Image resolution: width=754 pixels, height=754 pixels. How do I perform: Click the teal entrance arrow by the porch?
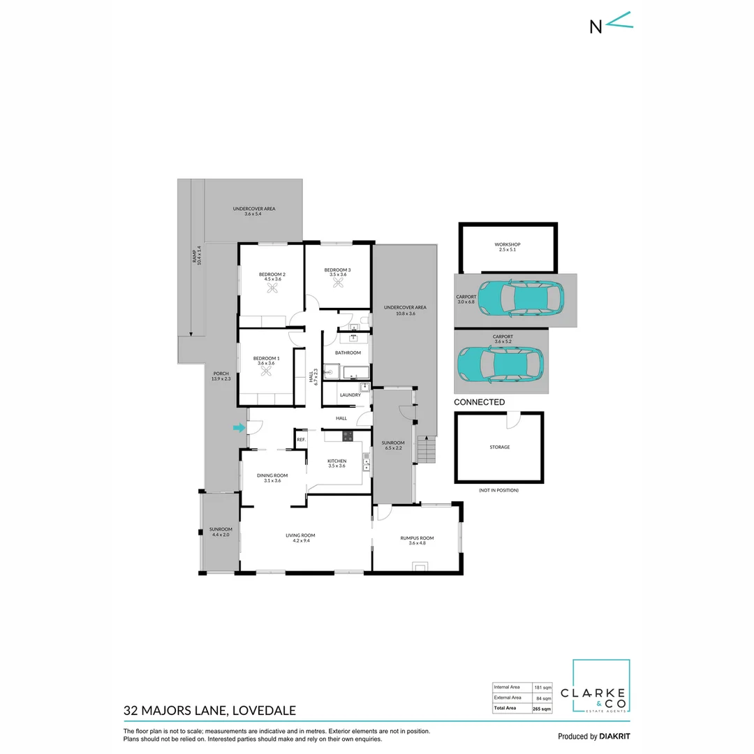[x=239, y=428]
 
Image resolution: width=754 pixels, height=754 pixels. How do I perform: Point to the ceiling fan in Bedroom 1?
[x=265, y=374]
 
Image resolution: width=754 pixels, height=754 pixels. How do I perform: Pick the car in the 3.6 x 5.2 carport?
[x=501, y=362]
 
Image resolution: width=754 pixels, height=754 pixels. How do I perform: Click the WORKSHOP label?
[x=508, y=244]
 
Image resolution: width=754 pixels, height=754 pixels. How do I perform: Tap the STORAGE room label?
[x=499, y=447]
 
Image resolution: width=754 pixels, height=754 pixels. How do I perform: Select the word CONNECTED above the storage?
[x=479, y=402]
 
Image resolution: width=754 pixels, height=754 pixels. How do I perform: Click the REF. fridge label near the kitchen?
[x=301, y=440]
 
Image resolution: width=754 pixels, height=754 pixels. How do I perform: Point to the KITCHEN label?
[x=337, y=461]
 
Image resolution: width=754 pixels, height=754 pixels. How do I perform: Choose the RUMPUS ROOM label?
[x=417, y=538]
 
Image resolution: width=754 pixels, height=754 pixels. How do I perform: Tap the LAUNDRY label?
[x=350, y=395]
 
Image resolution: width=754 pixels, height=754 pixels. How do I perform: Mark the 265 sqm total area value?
[x=542, y=709]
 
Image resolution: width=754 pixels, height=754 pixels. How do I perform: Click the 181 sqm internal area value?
[x=542, y=687]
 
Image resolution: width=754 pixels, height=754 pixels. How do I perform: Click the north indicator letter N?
[x=596, y=27]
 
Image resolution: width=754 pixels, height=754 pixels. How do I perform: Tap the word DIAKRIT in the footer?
[x=615, y=736]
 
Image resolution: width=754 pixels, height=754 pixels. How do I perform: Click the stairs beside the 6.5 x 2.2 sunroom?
[x=427, y=450]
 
